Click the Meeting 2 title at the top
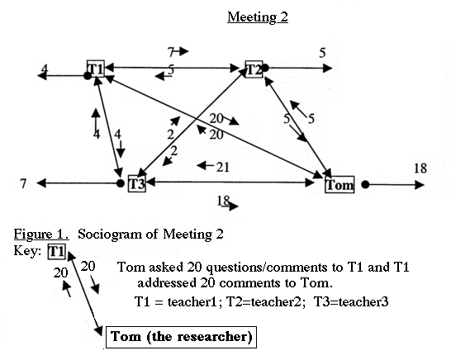[x=258, y=17]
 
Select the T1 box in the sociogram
[x=96, y=69]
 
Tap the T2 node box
[x=254, y=69]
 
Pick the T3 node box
[x=136, y=183]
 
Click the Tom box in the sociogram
[x=339, y=185]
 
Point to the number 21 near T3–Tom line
[x=223, y=167]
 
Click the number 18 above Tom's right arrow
[x=420, y=168]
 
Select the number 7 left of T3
[x=23, y=183]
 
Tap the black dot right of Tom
[x=365, y=184]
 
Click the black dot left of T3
[x=121, y=183]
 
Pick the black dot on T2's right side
[x=265, y=69]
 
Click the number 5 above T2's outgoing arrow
[x=322, y=53]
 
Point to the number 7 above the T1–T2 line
[x=171, y=52]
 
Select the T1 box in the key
[x=57, y=252]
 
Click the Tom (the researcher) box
[x=181, y=337]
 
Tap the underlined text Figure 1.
[x=41, y=234]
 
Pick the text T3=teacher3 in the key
[x=351, y=301]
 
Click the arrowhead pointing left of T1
[x=42, y=76]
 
